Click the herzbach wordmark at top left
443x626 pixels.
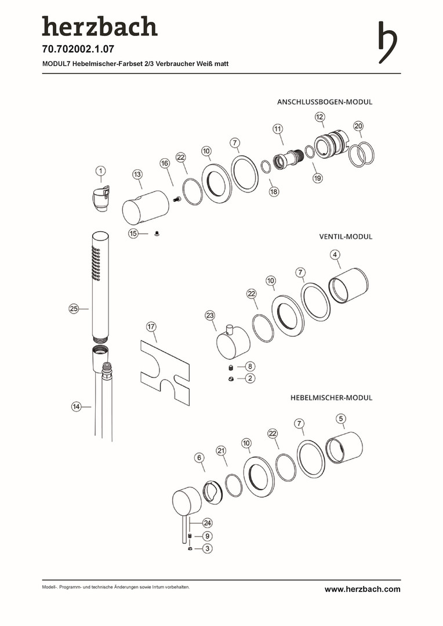pos(99,27)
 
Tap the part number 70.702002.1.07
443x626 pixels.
pos(74,49)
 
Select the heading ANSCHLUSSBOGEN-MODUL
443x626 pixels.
pos(325,101)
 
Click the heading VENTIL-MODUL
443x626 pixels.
pos(346,236)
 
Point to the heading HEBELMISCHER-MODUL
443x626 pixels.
pos(331,398)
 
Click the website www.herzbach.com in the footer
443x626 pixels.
pos(362,589)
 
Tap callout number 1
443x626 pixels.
pos(101,171)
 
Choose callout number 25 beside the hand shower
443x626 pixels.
pos(74,309)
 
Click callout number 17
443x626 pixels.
pos(151,327)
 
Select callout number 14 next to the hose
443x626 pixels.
pos(77,407)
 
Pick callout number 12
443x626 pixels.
pos(320,117)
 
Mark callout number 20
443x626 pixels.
pos(358,126)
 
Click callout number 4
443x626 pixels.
pos(335,254)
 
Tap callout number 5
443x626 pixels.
pos(341,418)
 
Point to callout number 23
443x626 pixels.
pos(210,315)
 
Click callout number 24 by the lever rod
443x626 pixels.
pos(207,523)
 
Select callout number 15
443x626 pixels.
pos(134,234)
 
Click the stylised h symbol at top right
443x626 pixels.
pos(387,42)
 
